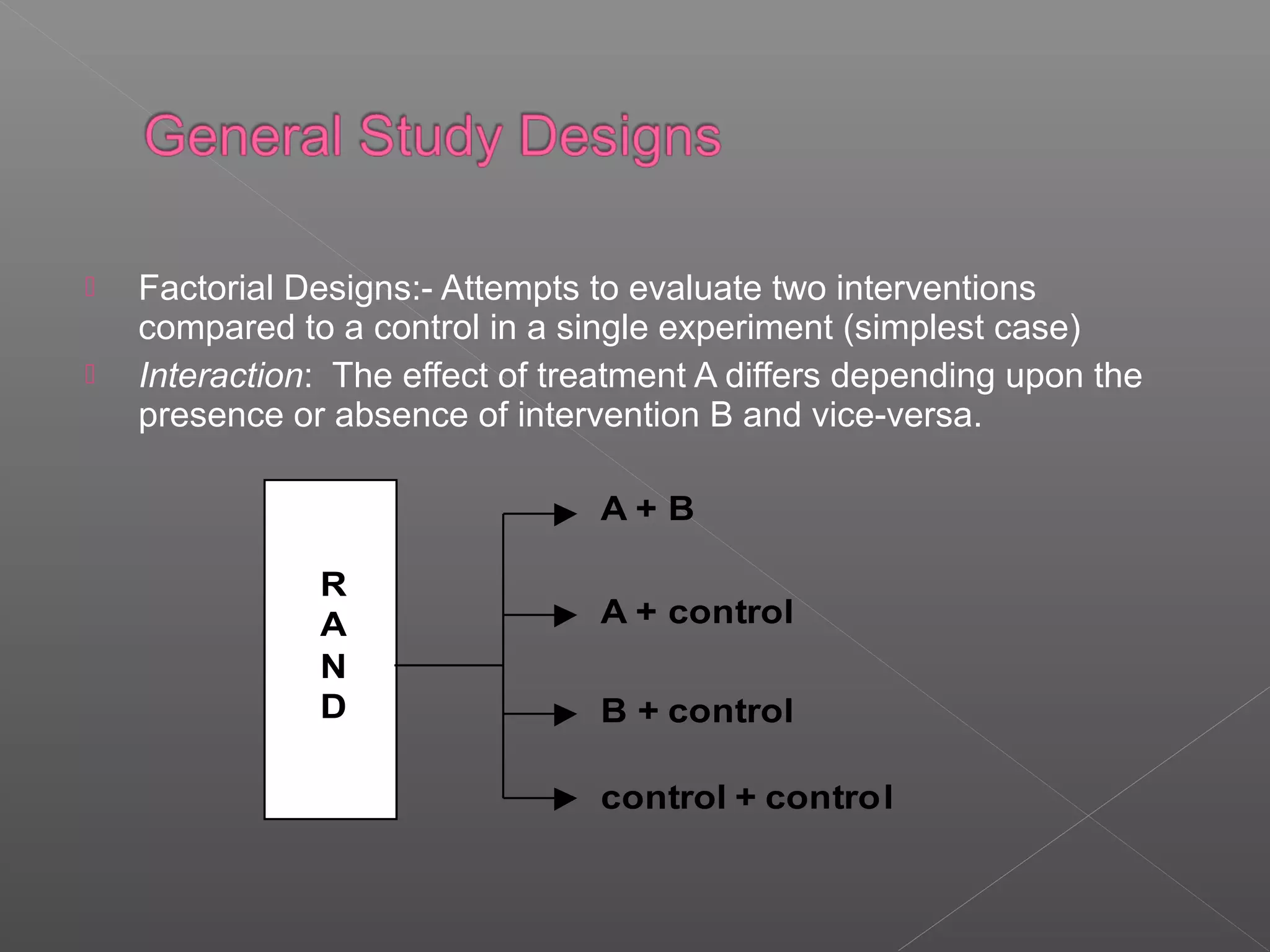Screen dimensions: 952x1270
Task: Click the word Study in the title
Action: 430,136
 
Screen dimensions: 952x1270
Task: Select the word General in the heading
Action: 243,136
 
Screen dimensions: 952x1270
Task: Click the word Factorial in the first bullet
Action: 206,289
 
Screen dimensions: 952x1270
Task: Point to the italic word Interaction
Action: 221,376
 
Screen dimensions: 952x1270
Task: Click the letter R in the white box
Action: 334,584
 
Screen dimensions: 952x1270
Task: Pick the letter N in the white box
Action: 334,667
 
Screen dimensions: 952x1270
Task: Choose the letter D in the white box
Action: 334,707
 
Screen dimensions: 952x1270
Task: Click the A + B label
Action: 647,509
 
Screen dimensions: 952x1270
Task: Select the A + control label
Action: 696,612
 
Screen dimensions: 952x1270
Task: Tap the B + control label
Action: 696,711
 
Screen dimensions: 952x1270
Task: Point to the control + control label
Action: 747,798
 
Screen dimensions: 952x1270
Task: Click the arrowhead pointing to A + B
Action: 564,514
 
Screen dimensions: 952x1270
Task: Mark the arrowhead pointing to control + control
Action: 564,798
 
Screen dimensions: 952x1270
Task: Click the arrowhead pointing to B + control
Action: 564,714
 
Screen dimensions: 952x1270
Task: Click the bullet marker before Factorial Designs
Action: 90,287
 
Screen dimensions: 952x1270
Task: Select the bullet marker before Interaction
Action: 90,374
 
